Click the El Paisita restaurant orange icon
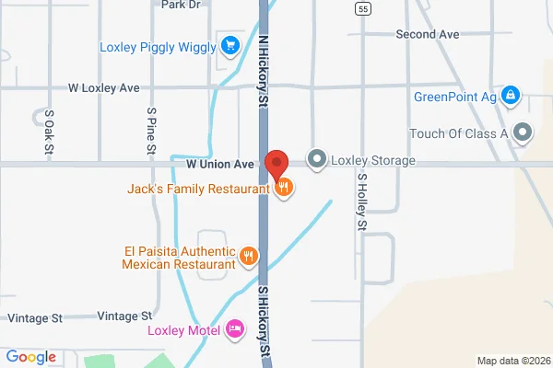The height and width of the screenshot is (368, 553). pos(248,256)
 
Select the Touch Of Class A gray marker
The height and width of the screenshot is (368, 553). pos(524,133)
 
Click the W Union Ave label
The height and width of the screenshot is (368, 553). pos(219,165)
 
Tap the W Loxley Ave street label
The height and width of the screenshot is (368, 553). pos(104,88)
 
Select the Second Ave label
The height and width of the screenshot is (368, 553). pos(427,34)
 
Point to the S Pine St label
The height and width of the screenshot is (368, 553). pos(151,130)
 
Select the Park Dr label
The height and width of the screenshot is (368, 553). pos(181,5)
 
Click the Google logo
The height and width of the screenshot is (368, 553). pos(31,357)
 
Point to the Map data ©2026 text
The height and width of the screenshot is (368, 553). pos(512,360)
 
